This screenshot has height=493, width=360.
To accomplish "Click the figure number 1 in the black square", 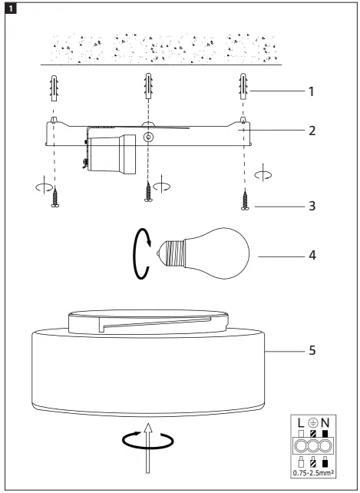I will tap(8, 8).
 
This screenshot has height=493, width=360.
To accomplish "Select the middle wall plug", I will tap(148, 89).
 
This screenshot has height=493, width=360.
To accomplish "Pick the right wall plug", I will tap(243, 89).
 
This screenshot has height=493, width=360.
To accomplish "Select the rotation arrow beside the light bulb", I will tap(138, 254).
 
